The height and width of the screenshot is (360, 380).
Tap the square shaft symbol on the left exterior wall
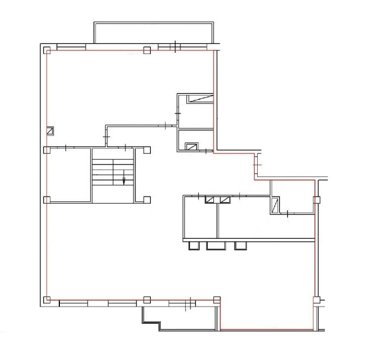click(x=50, y=130)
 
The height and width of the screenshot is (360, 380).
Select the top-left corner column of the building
click(x=46, y=50)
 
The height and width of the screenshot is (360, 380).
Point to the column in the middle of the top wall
click(x=147, y=50)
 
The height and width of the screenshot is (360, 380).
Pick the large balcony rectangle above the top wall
click(x=153, y=33)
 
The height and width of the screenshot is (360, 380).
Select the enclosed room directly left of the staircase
click(x=68, y=175)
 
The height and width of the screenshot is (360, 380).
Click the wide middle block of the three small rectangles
click(x=216, y=245)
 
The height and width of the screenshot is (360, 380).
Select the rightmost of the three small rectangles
click(x=240, y=245)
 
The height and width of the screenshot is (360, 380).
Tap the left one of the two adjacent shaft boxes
click(x=210, y=200)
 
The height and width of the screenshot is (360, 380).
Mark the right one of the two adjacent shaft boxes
click(x=224, y=200)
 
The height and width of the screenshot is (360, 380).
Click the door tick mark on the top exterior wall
click(x=175, y=47)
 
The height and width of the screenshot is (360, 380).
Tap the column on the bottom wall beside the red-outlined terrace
click(x=217, y=299)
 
